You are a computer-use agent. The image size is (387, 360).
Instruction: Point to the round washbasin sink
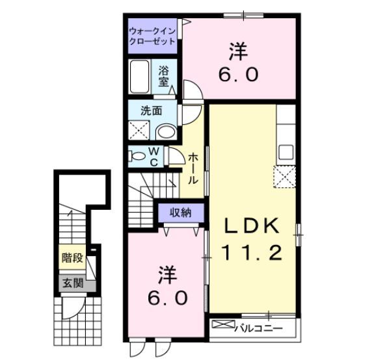click(x=166, y=132)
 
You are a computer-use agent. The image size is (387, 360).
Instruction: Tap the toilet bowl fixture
click(x=137, y=157)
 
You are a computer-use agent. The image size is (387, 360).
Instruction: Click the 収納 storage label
click(x=181, y=212)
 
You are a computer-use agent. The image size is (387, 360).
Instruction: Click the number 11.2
click(x=253, y=252)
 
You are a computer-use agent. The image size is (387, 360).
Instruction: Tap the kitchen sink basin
click(x=286, y=154)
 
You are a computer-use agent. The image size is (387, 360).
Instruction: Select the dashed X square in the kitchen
click(x=284, y=177)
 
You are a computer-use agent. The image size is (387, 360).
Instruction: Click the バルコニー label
click(x=258, y=328)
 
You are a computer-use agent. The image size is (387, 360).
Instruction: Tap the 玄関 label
click(x=72, y=283)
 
